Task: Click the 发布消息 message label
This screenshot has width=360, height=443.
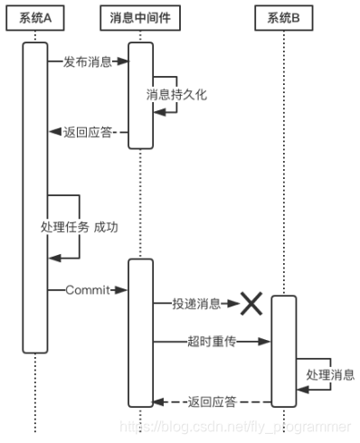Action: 88,62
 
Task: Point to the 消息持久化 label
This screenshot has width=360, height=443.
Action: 176,94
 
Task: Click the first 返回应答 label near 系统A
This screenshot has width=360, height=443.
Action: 89,131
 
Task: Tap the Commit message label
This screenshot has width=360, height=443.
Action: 87,289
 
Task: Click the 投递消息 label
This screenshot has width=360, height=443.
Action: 196,305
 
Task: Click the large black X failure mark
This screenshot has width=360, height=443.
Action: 250,305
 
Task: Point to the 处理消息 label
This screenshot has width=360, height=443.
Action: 330,374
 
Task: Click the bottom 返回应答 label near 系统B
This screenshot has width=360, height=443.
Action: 213,401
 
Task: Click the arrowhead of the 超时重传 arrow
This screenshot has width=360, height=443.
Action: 267,341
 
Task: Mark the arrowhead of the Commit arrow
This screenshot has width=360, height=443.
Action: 123,289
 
